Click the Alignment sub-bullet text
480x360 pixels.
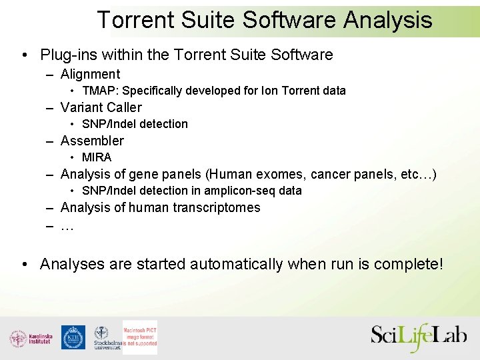(x=90, y=74)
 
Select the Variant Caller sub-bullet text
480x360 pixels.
(x=101, y=107)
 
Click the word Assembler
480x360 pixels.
(x=92, y=141)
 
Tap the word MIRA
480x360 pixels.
(x=97, y=157)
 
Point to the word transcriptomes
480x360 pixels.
(x=217, y=207)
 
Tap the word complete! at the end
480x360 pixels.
(x=408, y=264)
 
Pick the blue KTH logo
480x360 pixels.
(x=73, y=337)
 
